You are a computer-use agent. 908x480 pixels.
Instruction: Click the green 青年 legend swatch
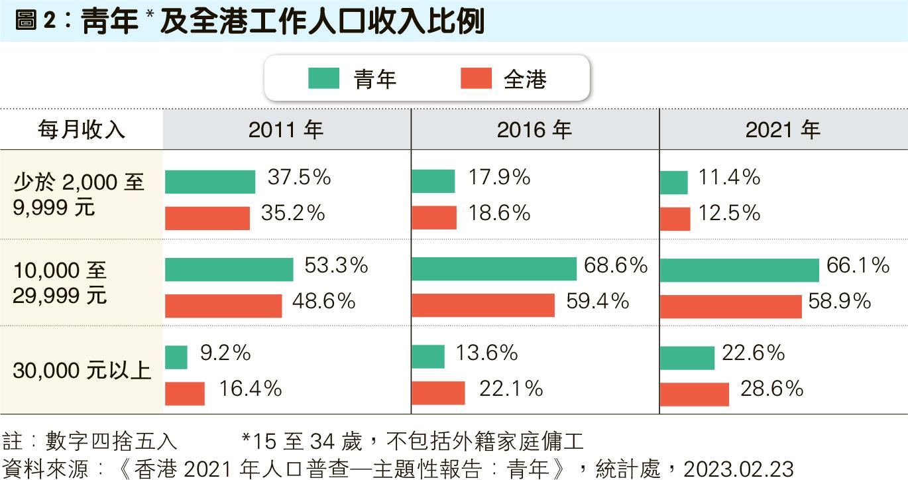[324, 78]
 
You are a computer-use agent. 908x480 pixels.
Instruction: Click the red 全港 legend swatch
[476, 78]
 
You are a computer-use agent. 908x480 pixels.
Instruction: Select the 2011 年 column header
[286, 129]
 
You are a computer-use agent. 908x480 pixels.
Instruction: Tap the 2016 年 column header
[534, 129]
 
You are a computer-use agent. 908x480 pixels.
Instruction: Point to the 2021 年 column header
[783, 129]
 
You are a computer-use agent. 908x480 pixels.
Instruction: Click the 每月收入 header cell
[81, 129]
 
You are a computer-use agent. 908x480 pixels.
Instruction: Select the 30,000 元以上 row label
[82, 370]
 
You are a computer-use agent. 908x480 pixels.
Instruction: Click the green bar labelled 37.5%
[210, 182]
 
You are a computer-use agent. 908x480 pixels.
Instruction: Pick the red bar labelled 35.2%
[207, 217]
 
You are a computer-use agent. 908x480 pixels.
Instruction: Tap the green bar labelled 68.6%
[494, 269]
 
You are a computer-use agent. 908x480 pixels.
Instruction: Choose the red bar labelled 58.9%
[730, 306]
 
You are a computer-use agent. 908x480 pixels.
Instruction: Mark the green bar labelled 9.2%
[176, 357]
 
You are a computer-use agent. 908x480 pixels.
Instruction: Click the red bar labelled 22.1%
[438, 392]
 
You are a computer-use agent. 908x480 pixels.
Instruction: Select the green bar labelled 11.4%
[673, 182]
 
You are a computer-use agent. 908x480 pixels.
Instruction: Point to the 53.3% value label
[336, 266]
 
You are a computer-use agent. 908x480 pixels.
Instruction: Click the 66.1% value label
[858, 266]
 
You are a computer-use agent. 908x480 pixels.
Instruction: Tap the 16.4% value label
[251, 389]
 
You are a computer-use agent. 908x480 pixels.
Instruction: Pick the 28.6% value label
[771, 389]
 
